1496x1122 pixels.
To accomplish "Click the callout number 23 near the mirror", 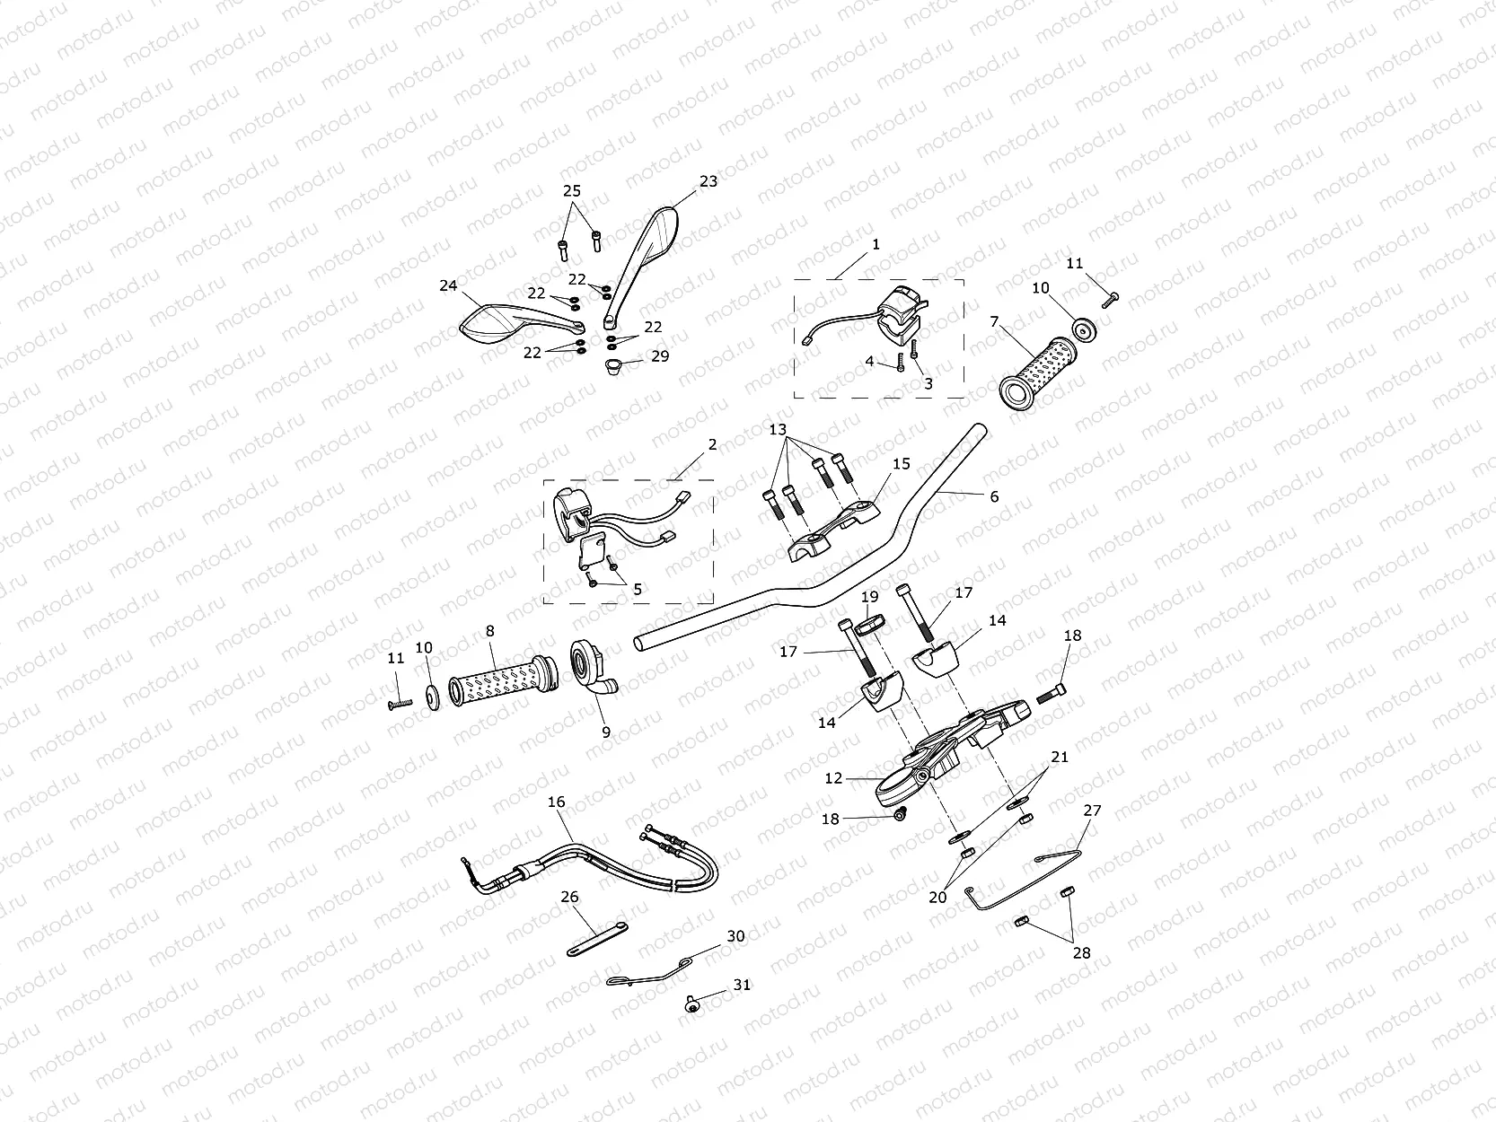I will point(708,181).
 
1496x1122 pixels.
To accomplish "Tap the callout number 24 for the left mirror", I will point(448,286).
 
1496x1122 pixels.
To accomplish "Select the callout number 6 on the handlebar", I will point(994,496).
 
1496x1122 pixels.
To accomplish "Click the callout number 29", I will point(660,356).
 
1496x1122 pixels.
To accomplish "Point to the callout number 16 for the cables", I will point(557,802).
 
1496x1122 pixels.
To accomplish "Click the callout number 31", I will point(742,985).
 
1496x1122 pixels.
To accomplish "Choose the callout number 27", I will point(1092,810).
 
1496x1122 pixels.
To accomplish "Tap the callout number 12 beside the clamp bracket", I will point(833,778).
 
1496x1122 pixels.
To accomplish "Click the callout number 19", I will point(869,597).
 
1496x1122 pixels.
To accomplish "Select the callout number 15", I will point(902,464).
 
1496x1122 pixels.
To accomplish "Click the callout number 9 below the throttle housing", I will point(606,732).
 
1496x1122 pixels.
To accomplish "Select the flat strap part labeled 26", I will point(597,940).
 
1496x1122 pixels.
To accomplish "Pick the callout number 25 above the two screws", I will point(572,191).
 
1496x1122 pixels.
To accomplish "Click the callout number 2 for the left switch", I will point(712,444).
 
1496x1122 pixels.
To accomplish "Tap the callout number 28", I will point(1081,952).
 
